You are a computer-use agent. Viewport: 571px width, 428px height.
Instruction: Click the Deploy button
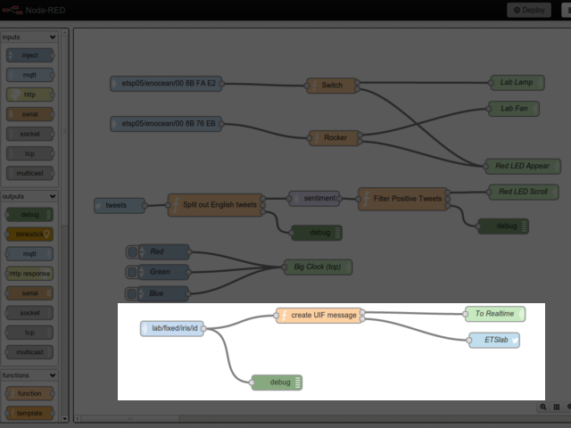click(529, 10)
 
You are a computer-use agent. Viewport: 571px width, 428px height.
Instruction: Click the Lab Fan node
click(514, 109)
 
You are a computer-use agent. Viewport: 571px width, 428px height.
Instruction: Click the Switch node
click(331, 86)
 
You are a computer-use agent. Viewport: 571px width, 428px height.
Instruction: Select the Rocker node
click(335, 137)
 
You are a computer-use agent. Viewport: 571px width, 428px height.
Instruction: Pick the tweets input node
click(120, 205)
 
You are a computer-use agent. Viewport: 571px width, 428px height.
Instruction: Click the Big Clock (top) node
click(318, 267)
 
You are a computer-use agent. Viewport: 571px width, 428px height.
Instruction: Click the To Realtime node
click(494, 314)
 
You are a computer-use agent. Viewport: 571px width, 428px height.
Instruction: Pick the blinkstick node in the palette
click(29, 234)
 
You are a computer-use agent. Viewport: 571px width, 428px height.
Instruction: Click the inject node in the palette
click(29, 55)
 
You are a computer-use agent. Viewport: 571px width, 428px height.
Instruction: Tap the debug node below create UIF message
click(277, 383)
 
